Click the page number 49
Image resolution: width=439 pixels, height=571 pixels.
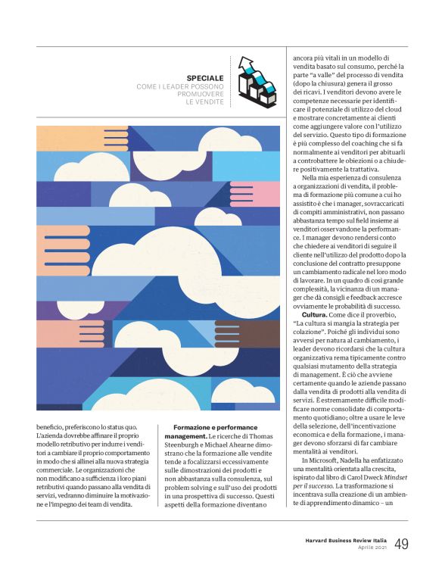tap(401, 544)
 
